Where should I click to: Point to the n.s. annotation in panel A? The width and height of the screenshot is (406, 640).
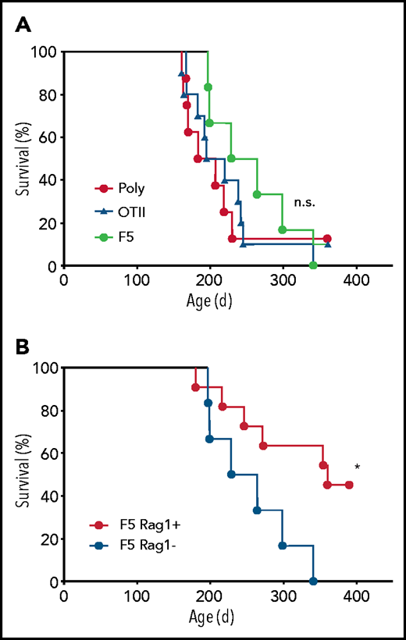click(x=303, y=202)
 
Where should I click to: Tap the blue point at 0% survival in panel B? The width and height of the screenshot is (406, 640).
click(x=313, y=581)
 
